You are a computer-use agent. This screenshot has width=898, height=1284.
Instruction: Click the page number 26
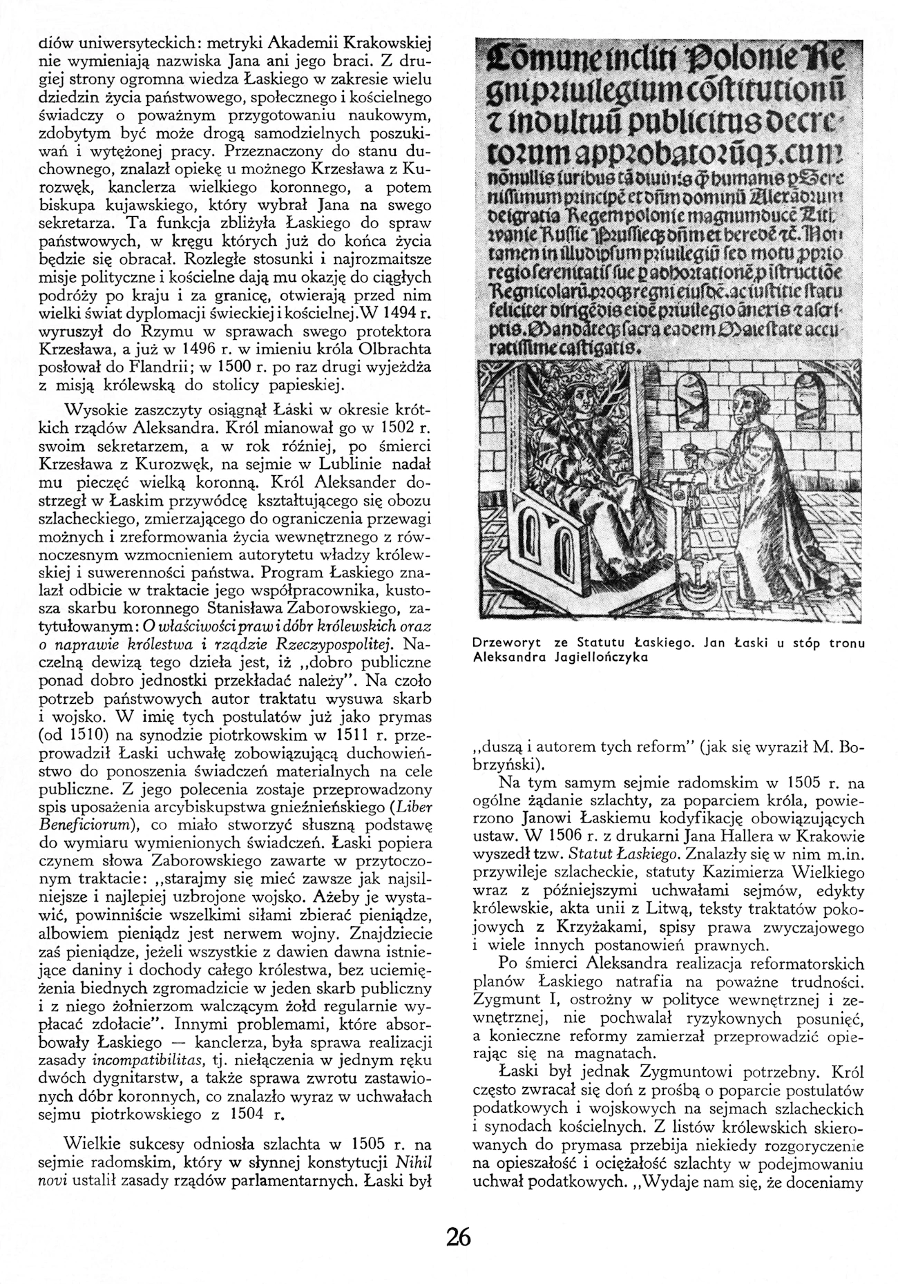458,1235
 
